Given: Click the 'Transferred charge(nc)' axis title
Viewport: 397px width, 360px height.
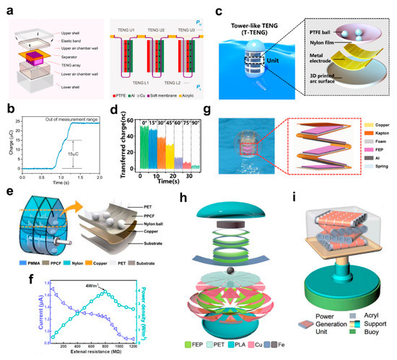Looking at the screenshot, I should point(128,144).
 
